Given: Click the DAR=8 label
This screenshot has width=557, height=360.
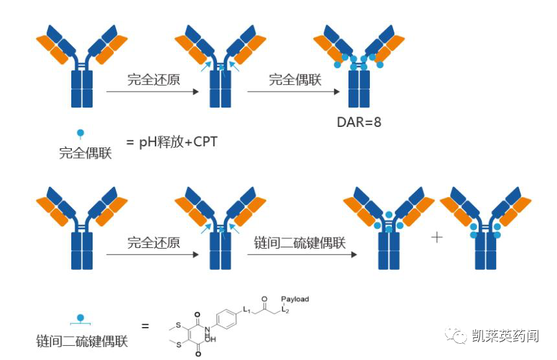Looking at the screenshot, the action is [x=359, y=122].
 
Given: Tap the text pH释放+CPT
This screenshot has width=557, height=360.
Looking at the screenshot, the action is [x=177, y=142].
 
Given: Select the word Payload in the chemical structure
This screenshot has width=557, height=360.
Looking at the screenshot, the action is [x=295, y=299].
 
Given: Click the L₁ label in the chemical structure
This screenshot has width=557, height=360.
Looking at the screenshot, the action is [x=247, y=309].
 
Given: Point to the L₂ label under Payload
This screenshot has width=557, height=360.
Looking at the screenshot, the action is [x=285, y=309].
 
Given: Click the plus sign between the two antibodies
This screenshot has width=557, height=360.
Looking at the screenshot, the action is [x=437, y=237].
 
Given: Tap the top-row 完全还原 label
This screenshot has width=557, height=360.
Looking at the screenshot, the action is [x=153, y=80].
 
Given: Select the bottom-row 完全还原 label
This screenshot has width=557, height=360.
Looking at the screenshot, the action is [x=153, y=243].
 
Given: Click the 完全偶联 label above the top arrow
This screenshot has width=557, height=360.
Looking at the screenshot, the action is [x=295, y=80].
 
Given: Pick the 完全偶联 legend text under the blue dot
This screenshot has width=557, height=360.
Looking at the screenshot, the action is [x=85, y=153].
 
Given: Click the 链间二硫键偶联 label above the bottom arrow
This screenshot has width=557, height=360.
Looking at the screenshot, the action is [x=300, y=243].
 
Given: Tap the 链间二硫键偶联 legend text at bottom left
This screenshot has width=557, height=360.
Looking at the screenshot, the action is [x=82, y=341].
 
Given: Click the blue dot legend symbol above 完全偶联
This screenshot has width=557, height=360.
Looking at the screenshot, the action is [x=81, y=133].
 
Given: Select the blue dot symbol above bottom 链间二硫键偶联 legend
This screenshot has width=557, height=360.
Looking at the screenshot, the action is [x=81, y=319].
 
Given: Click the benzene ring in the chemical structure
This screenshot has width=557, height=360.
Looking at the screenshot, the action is [x=227, y=319].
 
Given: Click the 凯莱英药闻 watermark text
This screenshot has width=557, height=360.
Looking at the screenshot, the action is [x=505, y=335].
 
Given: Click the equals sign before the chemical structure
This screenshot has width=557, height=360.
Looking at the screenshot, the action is [x=145, y=326].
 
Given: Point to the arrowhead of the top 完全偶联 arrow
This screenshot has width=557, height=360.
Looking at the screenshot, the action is [x=337, y=91].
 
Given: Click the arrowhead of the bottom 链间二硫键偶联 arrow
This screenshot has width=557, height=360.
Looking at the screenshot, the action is [x=354, y=254].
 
